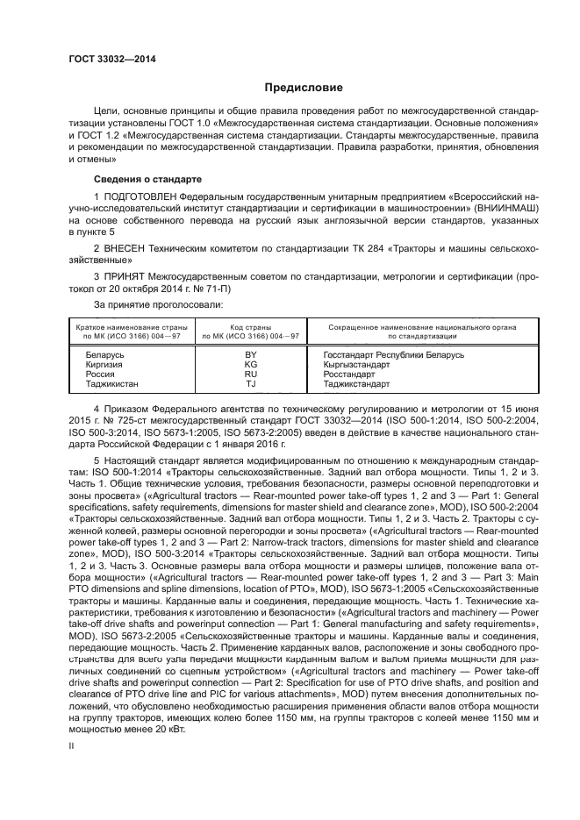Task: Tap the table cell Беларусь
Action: (x=104, y=354)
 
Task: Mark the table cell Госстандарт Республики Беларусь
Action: (x=393, y=354)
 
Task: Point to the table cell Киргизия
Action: (x=104, y=364)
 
